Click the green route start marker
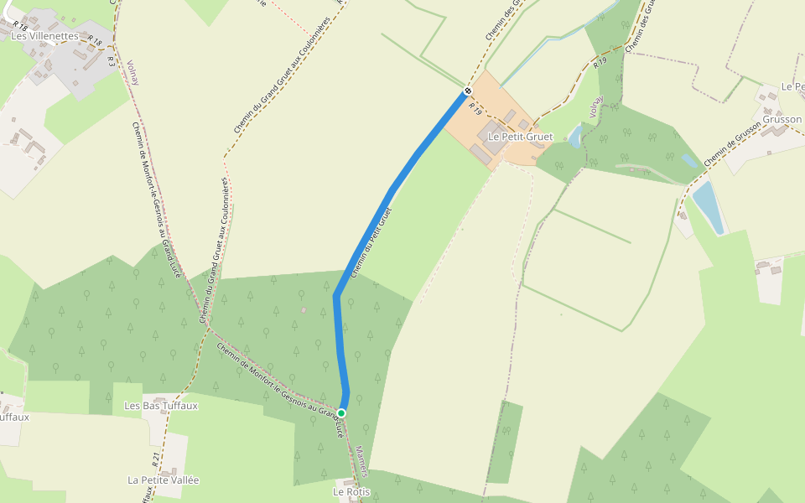pyautogui.click(x=341, y=412)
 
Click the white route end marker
pyautogui.click(x=468, y=91)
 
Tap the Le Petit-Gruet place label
pyautogui.click(x=520, y=136)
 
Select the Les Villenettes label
pyautogui.click(x=44, y=36)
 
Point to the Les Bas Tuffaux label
pyautogui.click(x=161, y=406)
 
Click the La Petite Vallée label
pyautogui.click(x=164, y=480)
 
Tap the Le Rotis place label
pyautogui.click(x=351, y=491)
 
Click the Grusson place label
pyautogui.click(x=782, y=119)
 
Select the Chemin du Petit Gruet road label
pyautogui.click(x=371, y=242)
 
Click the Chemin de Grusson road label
pyautogui.click(x=731, y=140)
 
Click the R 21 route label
pyautogui.click(x=156, y=459)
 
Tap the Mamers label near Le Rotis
pyautogui.click(x=361, y=461)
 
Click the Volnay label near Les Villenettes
pyautogui.click(x=132, y=73)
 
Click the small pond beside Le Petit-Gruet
pyautogui.click(x=575, y=137)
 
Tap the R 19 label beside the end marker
pyautogui.click(x=475, y=108)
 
